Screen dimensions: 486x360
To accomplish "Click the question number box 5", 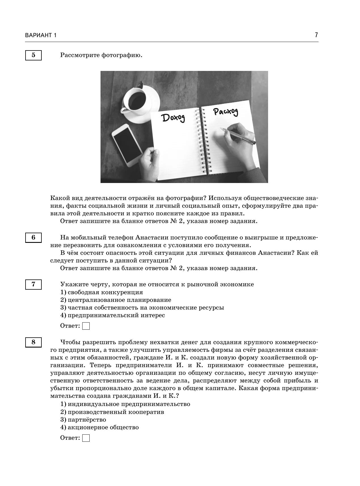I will click(33, 55).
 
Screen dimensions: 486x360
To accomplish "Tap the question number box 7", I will click(33, 284).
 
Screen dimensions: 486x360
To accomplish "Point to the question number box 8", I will click(33, 342).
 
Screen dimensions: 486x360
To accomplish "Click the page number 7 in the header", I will click(316, 35).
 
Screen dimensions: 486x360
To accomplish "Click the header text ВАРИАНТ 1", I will click(41, 35).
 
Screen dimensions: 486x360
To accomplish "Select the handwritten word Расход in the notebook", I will click(226, 112).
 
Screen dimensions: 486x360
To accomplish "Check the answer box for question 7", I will click(86, 326).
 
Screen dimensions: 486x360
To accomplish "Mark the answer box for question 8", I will click(86, 438).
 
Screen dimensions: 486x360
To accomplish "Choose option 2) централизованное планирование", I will click(116, 300).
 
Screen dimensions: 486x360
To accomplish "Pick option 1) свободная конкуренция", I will click(102, 292).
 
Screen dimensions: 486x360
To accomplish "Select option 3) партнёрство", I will click(83, 420).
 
